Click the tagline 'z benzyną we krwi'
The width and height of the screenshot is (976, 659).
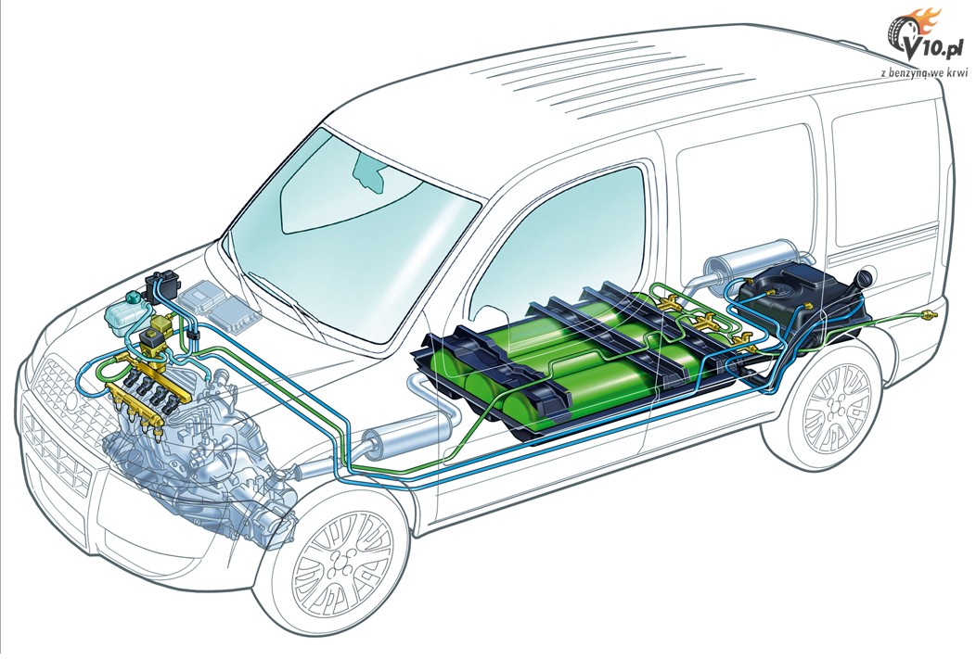click(925, 73)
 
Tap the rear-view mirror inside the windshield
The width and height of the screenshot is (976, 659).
click(369, 171)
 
